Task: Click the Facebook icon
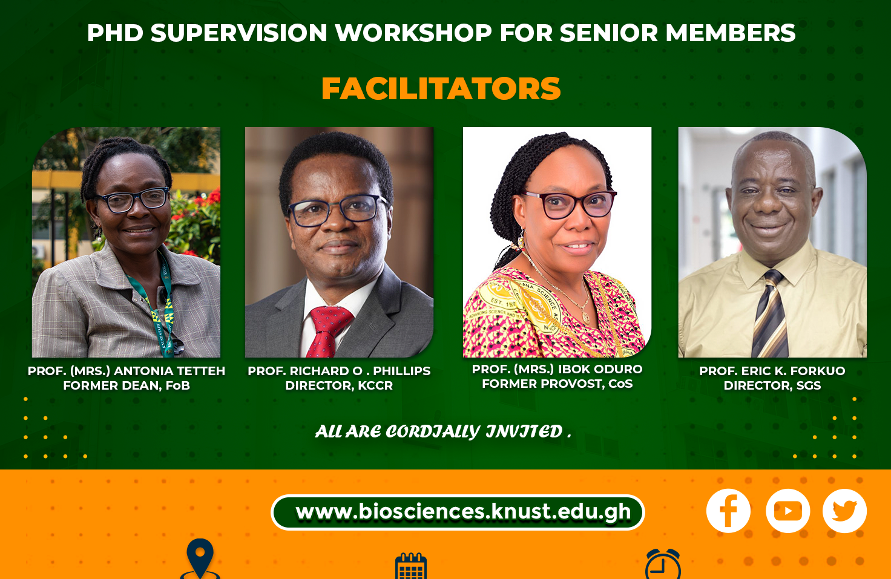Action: click(728, 511)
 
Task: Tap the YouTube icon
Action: click(787, 511)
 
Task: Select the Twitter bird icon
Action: click(844, 511)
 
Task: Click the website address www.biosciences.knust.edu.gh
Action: click(464, 512)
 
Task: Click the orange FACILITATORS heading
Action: click(441, 88)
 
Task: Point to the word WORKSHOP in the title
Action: click(413, 33)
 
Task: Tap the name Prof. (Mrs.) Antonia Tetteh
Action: click(127, 371)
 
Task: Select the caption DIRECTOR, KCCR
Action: click(339, 385)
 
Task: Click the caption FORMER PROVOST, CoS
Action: click(557, 384)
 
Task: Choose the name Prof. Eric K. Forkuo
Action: click(772, 371)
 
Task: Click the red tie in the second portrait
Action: click(328, 331)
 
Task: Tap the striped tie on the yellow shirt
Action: click(770, 314)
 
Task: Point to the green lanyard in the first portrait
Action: click(159, 306)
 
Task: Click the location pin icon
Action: click(200, 558)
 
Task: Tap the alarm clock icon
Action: click(663, 564)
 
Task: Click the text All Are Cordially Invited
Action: click(442, 432)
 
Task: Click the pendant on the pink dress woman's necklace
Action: click(585, 317)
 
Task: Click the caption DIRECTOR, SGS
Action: click(772, 385)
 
